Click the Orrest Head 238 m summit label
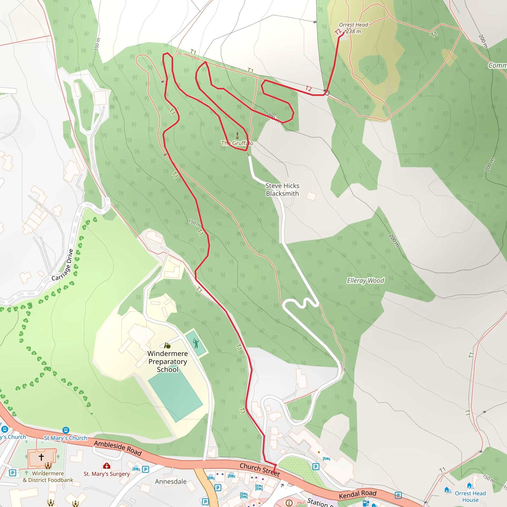[x=353, y=28]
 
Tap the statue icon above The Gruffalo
[x=237, y=135]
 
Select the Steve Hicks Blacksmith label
[x=282, y=189]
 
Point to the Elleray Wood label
[x=365, y=280]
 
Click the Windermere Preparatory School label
[x=168, y=361]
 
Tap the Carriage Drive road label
[x=62, y=265]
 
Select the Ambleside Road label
[x=118, y=448]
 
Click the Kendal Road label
[x=357, y=494]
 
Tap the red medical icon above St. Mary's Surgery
[x=106, y=466]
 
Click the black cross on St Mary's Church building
[x=41, y=457]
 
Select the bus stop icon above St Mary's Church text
[x=66, y=430]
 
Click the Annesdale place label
[x=171, y=482]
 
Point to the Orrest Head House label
[x=470, y=497]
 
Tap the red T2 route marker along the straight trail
[x=308, y=88]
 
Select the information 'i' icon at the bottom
[x=289, y=503]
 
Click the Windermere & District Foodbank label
[x=48, y=477]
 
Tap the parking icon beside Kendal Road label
[x=398, y=495]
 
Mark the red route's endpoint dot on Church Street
[x=275, y=465]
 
